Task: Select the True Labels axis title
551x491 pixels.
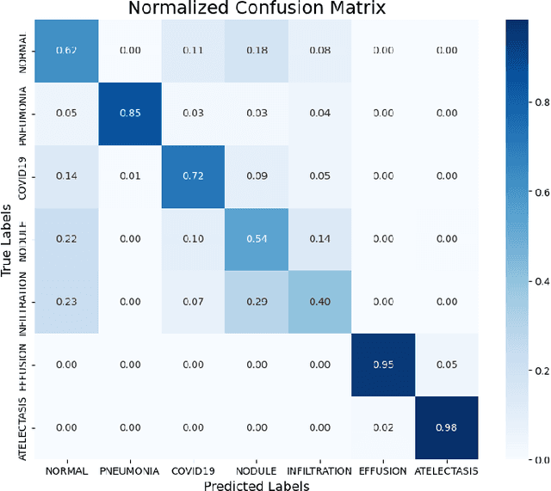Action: click(x=7, y=238)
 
